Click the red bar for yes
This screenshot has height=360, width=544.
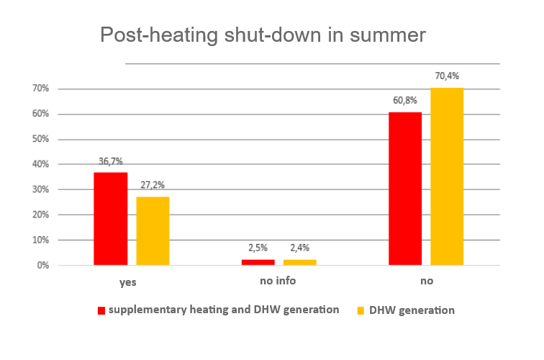(110, 219)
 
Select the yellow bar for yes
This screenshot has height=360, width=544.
(153, 230)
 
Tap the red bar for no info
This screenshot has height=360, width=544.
(258, 262)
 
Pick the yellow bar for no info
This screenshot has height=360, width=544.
(299, 262)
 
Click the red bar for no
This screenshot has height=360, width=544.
(405, 189)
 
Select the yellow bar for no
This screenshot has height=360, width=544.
(447, 176)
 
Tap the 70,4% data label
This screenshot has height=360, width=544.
(446, 76)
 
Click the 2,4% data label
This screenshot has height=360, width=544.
(299, 249)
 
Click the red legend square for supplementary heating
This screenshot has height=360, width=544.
(101, 311)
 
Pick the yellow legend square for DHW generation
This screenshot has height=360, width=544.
(361, 311)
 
